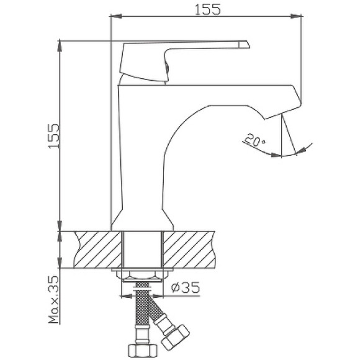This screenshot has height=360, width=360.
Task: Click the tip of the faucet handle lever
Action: pos(244,44)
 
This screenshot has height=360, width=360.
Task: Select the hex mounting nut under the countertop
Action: pos(143,274)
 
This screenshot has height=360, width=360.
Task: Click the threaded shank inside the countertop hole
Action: pos(143,248)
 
